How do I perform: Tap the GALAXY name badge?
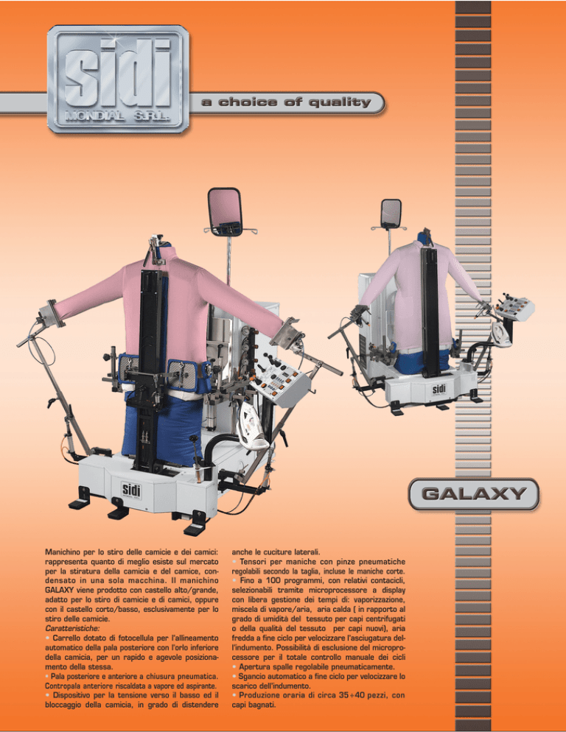(x=474, y=494)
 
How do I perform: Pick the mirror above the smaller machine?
(x=391, y=213)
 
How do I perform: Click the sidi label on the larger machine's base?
(x=131, y=490)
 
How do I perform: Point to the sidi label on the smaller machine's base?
(x=439, y=389)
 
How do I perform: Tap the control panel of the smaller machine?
(x=514, y=308)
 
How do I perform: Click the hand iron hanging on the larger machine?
(x=251, y=426)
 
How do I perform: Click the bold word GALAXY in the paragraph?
(x=60, y=590)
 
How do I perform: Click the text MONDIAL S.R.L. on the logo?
(x=118, y=116)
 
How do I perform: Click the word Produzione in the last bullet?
(x=259, y=695)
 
